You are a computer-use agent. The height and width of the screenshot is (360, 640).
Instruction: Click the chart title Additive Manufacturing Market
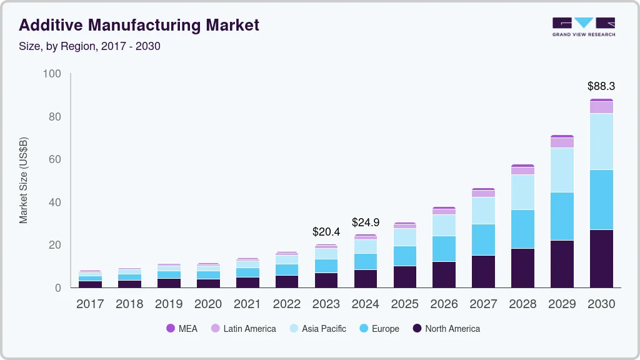(x=139, y=26)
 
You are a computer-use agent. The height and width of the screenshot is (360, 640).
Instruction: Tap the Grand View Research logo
(x=583, y=26)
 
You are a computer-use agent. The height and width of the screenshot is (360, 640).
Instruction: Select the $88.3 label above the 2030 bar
(x=601, y=86)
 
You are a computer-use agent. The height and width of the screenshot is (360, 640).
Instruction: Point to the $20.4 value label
(x=326, y=232)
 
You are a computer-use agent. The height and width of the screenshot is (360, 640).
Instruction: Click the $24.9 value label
(x=365, y=222)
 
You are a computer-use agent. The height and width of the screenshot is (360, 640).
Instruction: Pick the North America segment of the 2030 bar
(x=601, y=259)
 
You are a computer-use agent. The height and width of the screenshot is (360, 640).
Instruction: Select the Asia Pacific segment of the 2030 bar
(x=601, y=141)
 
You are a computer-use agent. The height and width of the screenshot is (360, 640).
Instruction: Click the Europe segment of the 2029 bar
(x=562, y=216)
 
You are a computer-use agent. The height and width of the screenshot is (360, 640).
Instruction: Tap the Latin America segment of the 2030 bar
(x=601, y=107)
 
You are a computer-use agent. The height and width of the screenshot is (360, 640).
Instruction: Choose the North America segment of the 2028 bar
(x=522, y=268)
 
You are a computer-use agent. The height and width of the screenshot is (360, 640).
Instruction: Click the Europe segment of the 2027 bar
(x=483, y=239)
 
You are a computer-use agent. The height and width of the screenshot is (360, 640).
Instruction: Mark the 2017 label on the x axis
(x=90, y=304)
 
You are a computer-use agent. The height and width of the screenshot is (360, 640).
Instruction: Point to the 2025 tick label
(x=404, y=304)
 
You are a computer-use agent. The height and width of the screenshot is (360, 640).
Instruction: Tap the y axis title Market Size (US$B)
(x=24, y=180)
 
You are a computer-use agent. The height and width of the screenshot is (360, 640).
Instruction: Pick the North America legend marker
(x=416, y=329)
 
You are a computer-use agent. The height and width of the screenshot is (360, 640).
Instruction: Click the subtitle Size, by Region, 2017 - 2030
(x=89, y=46)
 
